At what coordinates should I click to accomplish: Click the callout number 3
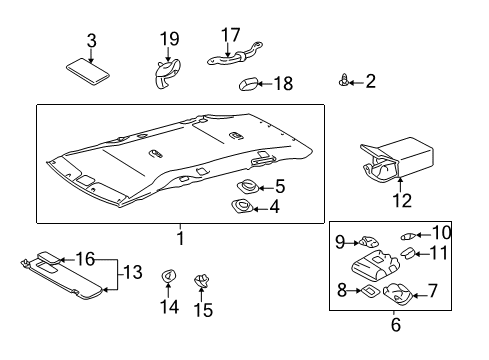click(91, 40)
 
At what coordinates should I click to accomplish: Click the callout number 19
click(170, 39)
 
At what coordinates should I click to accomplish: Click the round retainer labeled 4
click(242, 207)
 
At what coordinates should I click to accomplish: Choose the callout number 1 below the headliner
click(180, 239)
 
